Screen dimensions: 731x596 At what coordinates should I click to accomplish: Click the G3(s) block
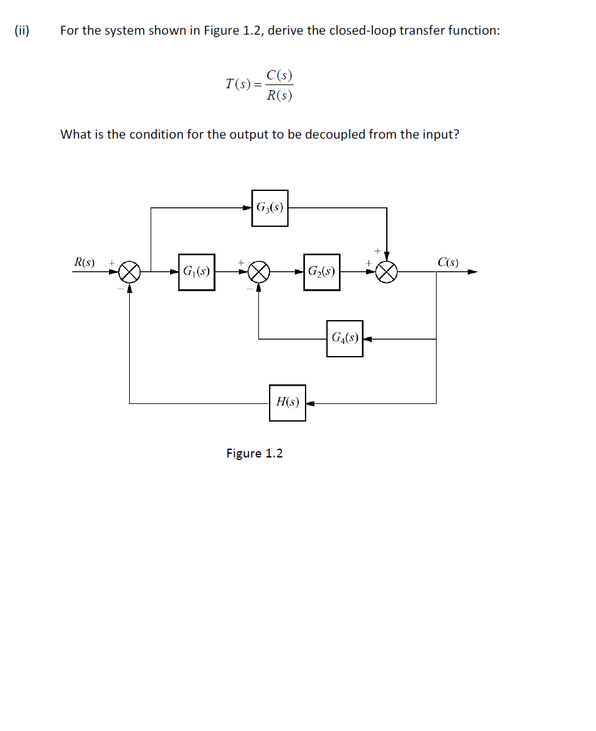pyautogui.click(x=270, y=208)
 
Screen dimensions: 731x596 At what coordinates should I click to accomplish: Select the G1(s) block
pyautogui.click(x=196, y=272)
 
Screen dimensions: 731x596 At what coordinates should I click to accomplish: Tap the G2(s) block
pyautogui.click(x=321, y=272)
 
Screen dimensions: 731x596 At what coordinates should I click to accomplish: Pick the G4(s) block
pyautogui.click(x=345, y=338)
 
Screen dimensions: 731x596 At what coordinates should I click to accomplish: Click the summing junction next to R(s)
pyautogui.click(x=129, y=272)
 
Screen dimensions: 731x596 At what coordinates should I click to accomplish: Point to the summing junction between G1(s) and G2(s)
pyautogui.click(x=258, y=272)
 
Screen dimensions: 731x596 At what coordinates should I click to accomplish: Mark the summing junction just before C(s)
pyautogui.click(x=387, y=272)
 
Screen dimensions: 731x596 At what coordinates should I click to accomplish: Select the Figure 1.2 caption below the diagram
pyautogui.click(x=255, y=453)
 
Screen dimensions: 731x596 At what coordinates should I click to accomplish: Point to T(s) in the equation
pyautogui.click(x=236, y=84)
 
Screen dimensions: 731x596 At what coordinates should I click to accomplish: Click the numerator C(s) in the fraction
pyautogui.click(x=279, y=75)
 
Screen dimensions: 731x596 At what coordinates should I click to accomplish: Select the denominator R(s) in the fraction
pyautogui.click(x=279, y=95)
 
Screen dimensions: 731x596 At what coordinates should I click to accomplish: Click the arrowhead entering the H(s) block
pyautogui.click(x=310, y=403)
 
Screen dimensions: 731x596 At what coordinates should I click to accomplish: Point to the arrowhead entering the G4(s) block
pyautogui.click(x=367, y=338)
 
